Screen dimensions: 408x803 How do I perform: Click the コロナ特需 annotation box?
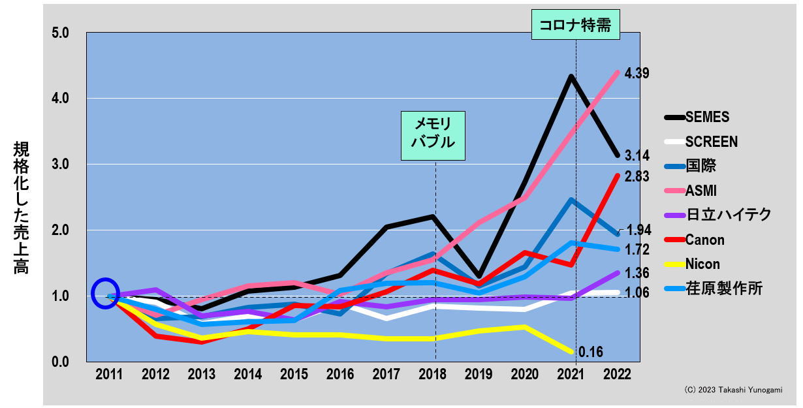tap(575, 25)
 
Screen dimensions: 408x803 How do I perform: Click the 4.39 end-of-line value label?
tap(637, 73)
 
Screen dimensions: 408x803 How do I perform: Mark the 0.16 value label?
tap(591, 353)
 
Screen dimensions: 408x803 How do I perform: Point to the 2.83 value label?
tap(638, 177)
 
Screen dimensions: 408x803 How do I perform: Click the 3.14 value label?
tap(638, 155)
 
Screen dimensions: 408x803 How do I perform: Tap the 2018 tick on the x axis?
tap(433, 375)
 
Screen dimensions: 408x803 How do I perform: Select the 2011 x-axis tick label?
tap(109, 375)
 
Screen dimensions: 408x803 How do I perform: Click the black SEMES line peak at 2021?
tap(571, 76)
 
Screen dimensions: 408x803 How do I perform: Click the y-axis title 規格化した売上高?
tap(21, 207)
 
